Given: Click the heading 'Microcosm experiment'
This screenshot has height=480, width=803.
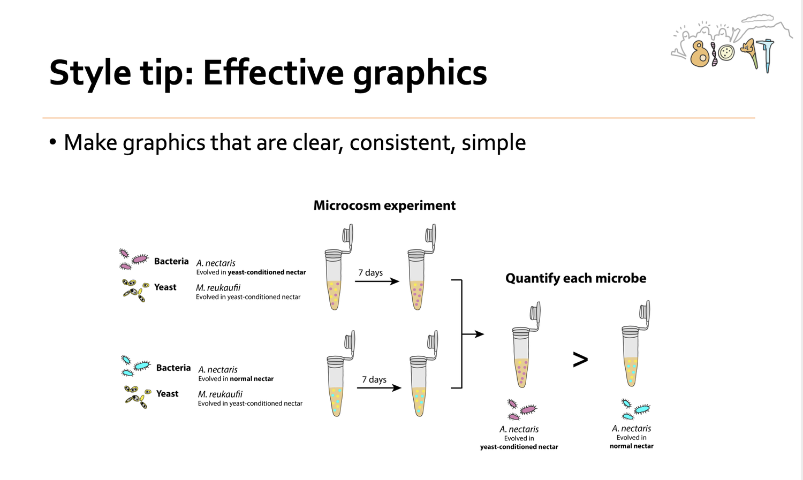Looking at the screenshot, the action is pos(384,205).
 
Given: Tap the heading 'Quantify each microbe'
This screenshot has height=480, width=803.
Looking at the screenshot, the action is pos(575,278).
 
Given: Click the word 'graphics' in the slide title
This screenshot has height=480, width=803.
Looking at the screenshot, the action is pos(420,73).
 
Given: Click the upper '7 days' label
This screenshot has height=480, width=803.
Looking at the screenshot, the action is pos(370,272).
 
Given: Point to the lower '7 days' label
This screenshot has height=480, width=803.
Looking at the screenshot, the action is pos(374,379).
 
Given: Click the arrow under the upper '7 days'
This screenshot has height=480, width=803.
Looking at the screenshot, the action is pos(377,281).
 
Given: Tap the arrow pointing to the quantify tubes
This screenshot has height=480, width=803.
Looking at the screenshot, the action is pos(473,334).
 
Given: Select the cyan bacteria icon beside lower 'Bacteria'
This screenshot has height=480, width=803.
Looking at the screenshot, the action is pos(135,365).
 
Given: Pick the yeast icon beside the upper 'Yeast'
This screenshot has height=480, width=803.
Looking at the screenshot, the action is pos(135,290).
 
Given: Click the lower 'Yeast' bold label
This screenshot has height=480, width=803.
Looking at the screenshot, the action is pos(167,394).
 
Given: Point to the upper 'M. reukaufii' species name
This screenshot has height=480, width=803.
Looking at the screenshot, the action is pos(218,288).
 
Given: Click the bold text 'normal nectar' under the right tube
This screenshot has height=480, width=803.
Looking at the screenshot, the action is pos(632,446).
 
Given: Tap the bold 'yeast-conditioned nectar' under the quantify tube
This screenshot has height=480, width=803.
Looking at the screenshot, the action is pos(519,447).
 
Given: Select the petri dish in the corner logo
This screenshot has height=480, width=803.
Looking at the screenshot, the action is pos(726,53).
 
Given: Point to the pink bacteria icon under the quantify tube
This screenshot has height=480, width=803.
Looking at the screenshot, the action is pos(522,410).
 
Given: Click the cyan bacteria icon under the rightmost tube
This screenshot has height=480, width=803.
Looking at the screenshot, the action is pos(635,409).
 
